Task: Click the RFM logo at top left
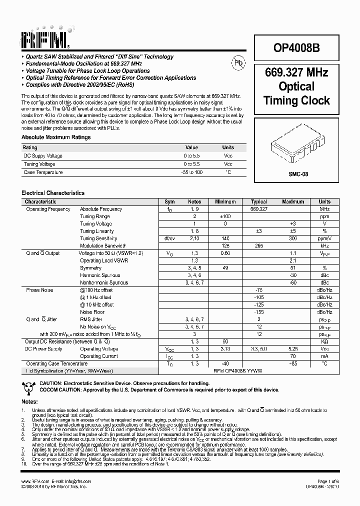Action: (45, 39)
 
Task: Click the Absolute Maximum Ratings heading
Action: (56, 137)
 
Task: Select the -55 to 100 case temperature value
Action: (191, 172)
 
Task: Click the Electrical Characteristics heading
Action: (53, 193)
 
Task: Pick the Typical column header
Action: (258, 201)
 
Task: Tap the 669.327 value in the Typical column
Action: (258, 209)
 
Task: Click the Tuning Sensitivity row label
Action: (98, 238)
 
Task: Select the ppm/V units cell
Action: (324, 238)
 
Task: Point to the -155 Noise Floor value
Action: (258, 312)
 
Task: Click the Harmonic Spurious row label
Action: (100, 275)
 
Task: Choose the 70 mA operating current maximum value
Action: (292, 356)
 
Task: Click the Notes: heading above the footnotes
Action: (29, 401)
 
